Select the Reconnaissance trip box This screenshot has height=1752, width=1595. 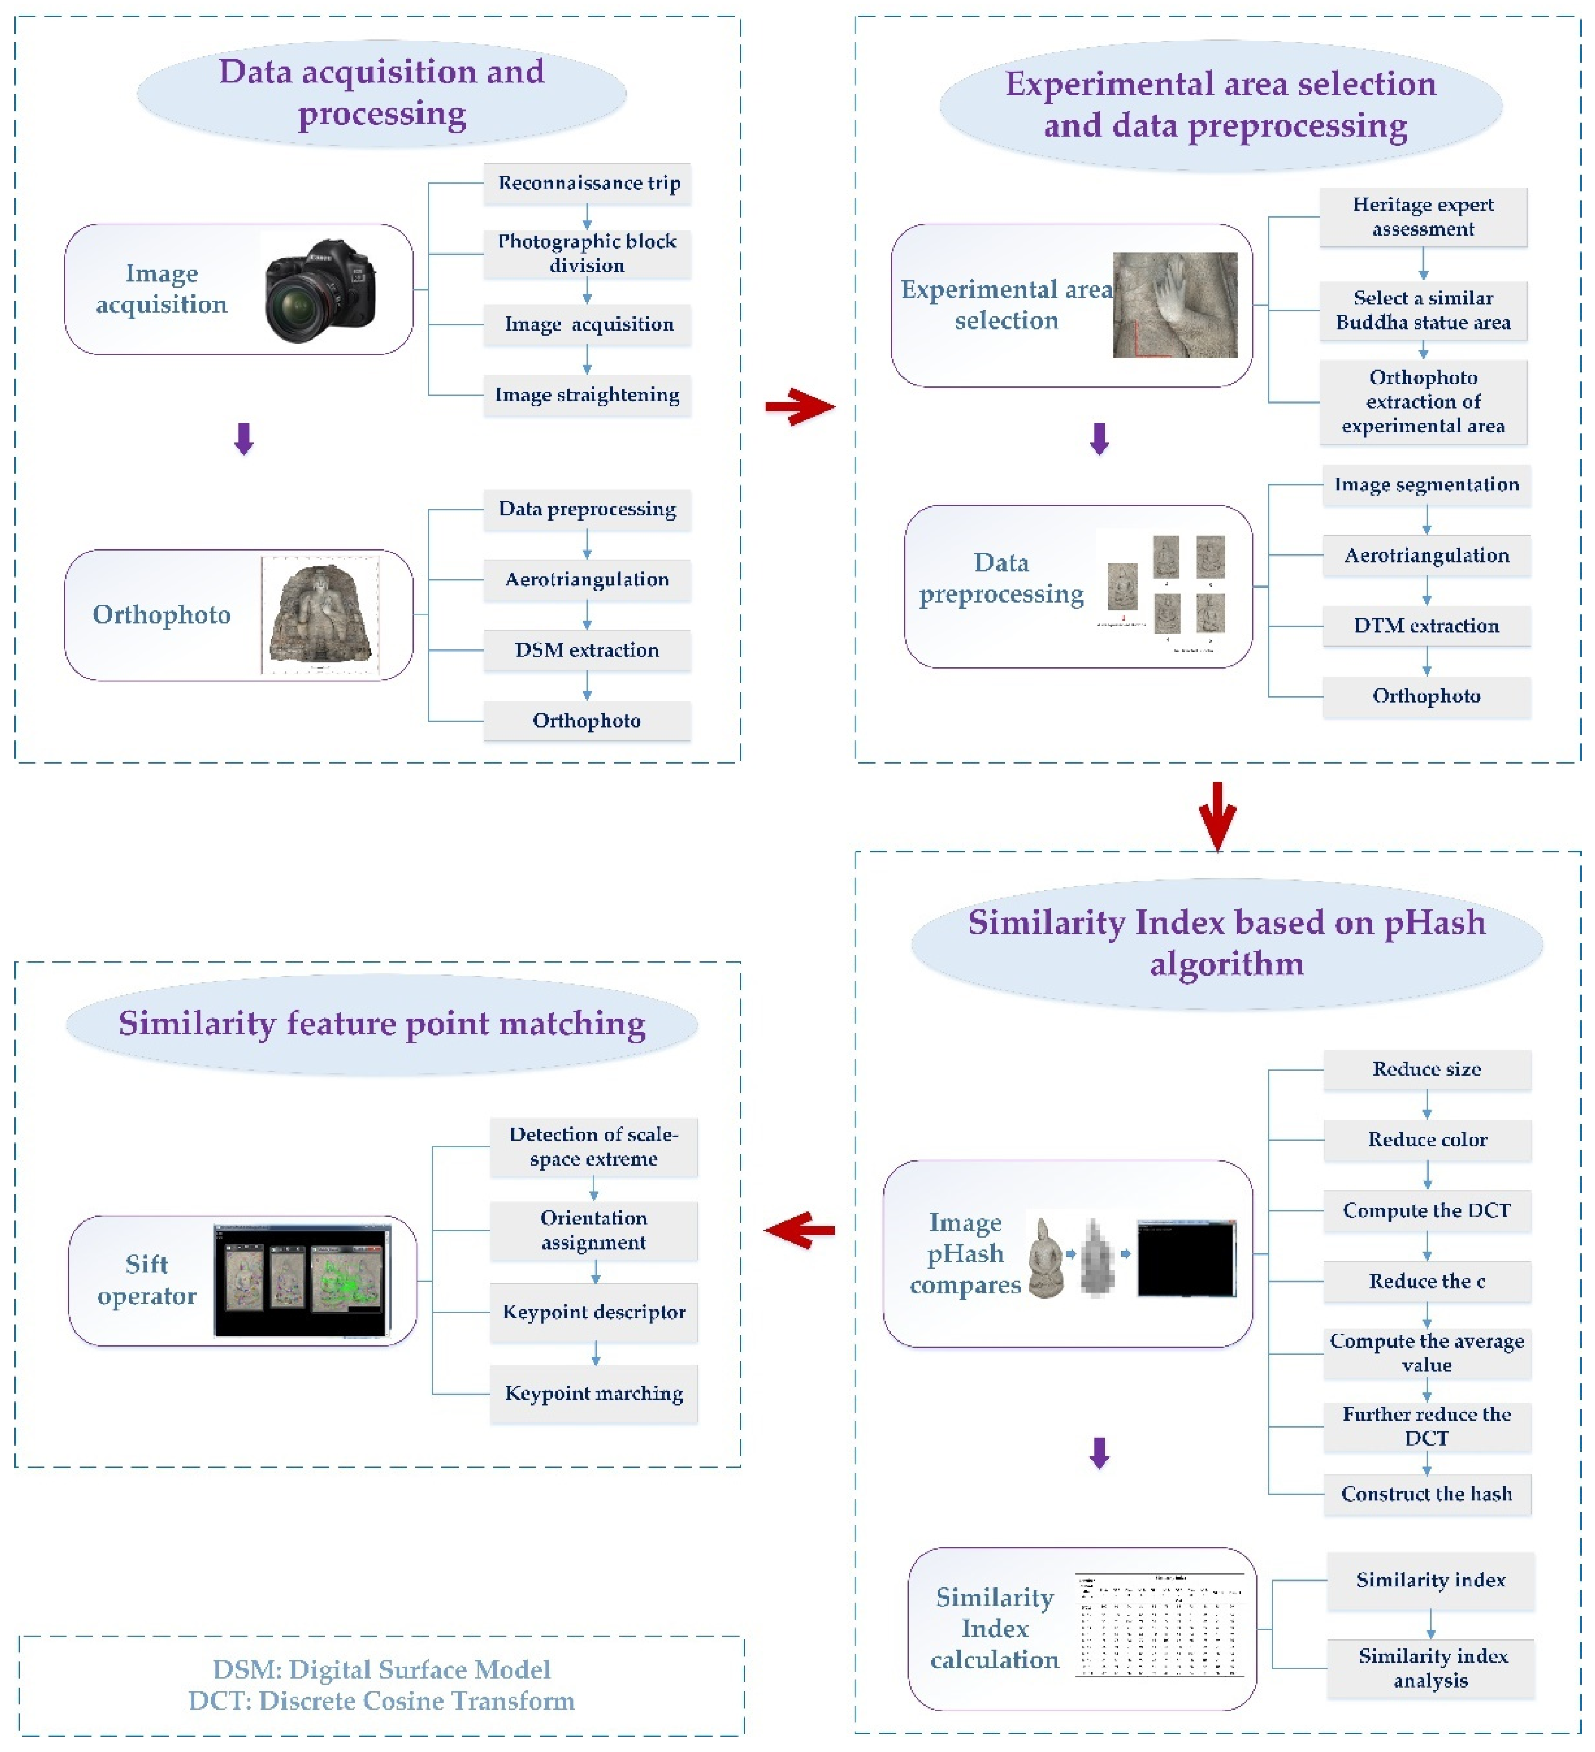[588, 183]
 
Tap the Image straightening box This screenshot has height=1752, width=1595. [588, 396]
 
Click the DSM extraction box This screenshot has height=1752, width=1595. [588, 650]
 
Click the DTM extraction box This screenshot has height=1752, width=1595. [1427, 626]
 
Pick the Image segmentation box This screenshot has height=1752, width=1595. [1427, 485]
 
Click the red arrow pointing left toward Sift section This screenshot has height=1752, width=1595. [800, 1230]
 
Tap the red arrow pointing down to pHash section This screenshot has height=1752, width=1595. [1217, 814]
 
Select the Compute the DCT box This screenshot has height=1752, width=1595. [1427, 1210]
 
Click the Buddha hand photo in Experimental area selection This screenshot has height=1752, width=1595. [1175, 305]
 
